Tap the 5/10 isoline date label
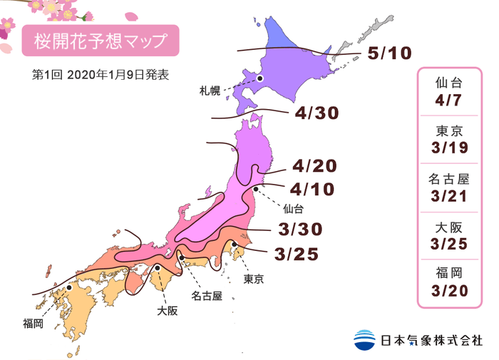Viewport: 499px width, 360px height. coord(390,54)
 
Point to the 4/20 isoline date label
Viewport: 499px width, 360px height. coord(314,167)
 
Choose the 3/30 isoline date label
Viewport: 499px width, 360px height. coord(300,229)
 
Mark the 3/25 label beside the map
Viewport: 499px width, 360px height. coord(294,253)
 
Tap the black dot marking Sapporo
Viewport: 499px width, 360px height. coord(261,79)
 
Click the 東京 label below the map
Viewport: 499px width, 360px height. coord(254,279)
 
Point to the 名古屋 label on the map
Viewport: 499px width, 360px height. coord(207,294)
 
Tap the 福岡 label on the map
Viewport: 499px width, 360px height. coord(33,324)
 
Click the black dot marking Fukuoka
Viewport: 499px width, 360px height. coord(69,289)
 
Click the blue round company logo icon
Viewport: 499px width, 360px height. coord(364,339)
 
